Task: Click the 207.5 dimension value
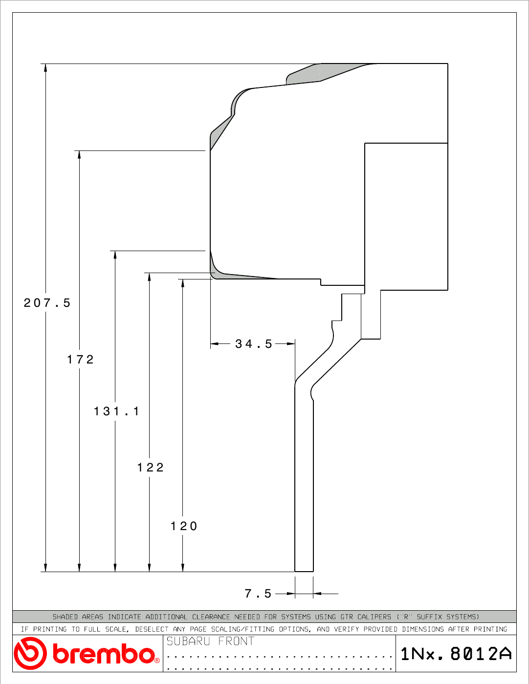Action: pyautogui.click(x=47, y=303)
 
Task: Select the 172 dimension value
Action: pyautogui.click(x=81, y=359)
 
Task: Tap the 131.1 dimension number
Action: pyautogui.click(x=116, y=411)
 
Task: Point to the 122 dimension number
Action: pyautogui.click(x=151, y=467)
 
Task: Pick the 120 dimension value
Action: pyautogui.click(x=184, y=526)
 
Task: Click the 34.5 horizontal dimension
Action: pyautogui.click(x=253, y=344)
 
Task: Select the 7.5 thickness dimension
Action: pyautogui.click(x=258, y=594)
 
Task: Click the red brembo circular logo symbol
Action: pyautogui.click(x=30, y=653)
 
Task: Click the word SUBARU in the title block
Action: pyautogui.click(x=188, y=641)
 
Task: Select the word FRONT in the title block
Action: pyautogui.click(x=236, y=641)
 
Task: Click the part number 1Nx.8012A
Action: pyautogui.click(x=456, y=654)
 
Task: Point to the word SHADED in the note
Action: pyautogui.click(x=65, y=617)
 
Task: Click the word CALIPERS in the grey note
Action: pyautogui.click(x=374, y=617)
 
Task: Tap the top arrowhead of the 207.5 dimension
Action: pyautogui.click(x=45, y=68)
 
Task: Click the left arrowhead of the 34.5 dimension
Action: pyautogui.click(x=215, y=344)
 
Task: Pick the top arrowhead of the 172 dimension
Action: pyautogui.click(x=79, y=155)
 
